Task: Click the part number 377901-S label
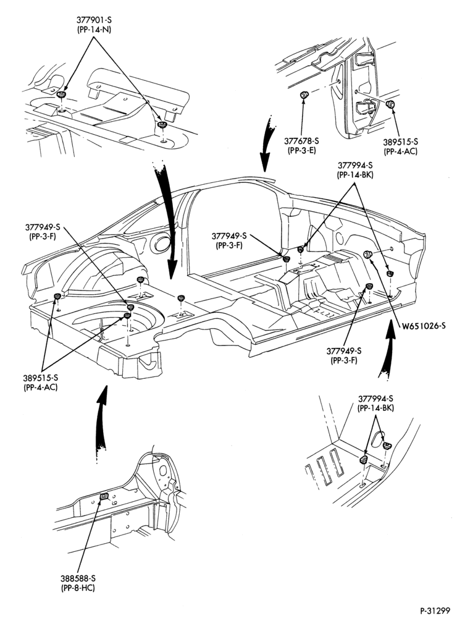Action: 94,20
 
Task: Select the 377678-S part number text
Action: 301,141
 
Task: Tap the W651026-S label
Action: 424,326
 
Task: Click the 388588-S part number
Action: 78,578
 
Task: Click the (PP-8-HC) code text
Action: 78,588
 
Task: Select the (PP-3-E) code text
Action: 301,150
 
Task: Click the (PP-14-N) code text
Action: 94,30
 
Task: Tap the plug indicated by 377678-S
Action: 304,95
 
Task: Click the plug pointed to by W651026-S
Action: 367,254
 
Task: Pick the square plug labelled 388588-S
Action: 104,496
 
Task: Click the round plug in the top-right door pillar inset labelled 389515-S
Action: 390,104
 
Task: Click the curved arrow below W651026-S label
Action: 386,351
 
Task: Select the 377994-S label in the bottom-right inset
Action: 376,399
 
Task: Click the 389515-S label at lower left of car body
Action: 41,378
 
